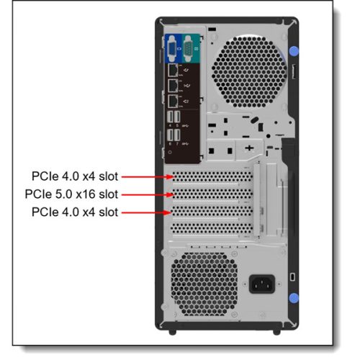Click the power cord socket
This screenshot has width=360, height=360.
point(261,282)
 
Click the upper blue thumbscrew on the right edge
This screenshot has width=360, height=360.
point(294,53)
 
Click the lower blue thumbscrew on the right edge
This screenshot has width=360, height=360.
point(294,299)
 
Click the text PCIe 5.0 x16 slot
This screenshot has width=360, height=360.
point(71,194)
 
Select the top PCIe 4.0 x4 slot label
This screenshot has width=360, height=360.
point(74,176)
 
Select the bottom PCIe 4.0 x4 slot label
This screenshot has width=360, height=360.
point(74,212)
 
